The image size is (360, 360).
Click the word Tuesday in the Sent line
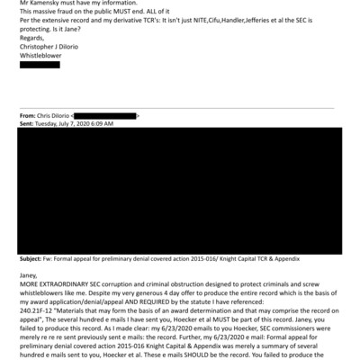click(x=49, y=123)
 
